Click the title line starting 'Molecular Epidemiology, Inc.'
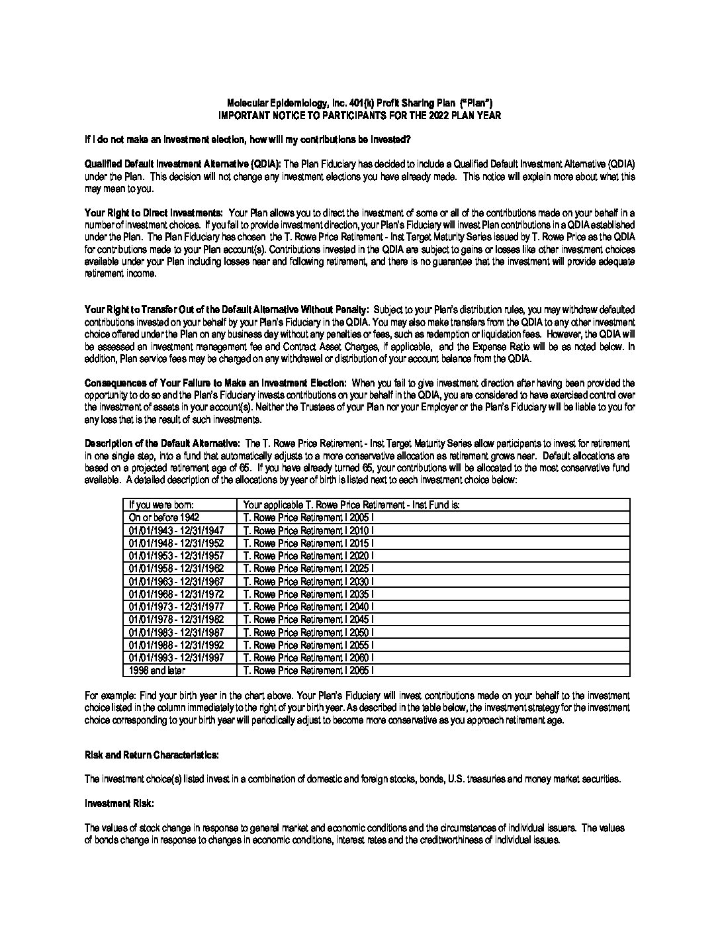(x=359, y=103)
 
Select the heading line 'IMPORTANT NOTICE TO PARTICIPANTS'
(x=359, y=115)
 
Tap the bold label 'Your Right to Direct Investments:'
(x=154, y=213)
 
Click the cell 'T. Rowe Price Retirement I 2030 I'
(x=308, y=581)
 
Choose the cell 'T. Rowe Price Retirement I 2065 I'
(x=308, y=671)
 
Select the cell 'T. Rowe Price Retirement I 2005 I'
(x=308, y=518)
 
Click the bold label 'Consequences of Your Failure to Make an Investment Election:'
(x=216, y=383)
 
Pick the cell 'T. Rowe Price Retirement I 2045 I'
(x=308, y=620)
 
